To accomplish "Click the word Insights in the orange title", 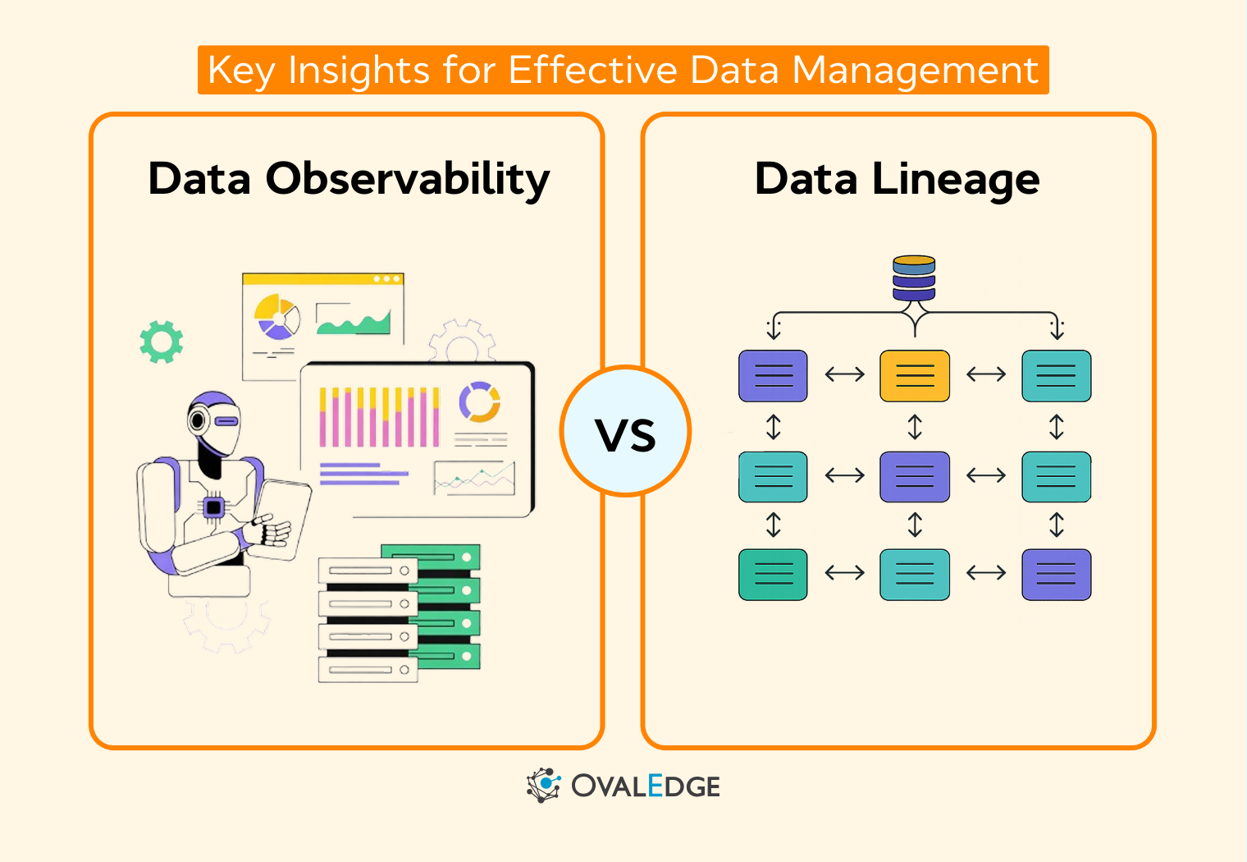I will coord(359,70).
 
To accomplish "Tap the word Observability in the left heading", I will coord(407,179).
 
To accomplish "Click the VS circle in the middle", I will coord(626,432).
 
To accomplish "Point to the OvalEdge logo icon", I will coord(543,786).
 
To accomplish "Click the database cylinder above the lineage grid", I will coord(914,278).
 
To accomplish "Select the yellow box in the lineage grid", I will coord(915,376).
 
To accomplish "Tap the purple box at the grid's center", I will coord(915,476).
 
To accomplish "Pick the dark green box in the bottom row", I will coord(773,575).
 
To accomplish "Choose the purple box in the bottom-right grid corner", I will coord(1056,575).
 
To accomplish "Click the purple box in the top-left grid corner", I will coord(773,376).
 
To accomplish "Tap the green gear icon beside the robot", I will coord(161,342).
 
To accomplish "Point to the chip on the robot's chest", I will coord(214,507).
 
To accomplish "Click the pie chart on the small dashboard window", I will coord(277,318).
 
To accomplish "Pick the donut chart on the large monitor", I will coord(479,401).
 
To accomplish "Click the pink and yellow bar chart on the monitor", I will coord(379,417).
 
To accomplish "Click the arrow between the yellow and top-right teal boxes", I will coord(985,375).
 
